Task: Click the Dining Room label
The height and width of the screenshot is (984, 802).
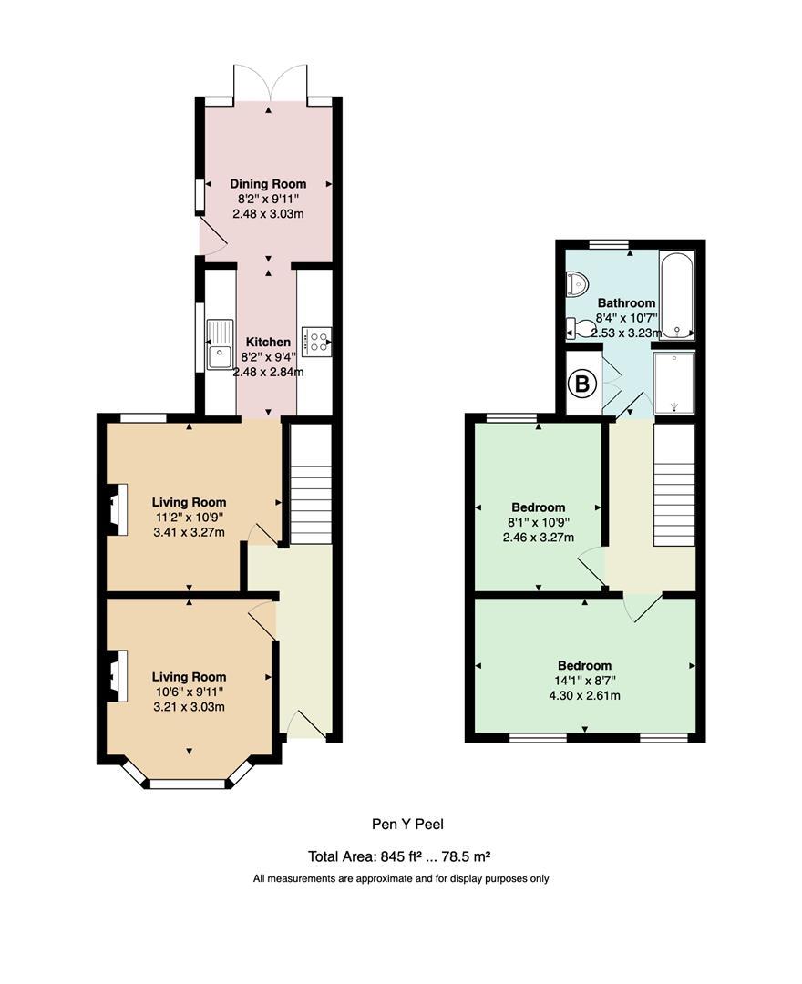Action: click(267, 184)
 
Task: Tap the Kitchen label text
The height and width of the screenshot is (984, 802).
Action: click(268, 343)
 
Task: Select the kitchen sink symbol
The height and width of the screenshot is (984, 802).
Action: click(219, 343)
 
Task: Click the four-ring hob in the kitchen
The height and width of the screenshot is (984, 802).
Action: click(318, 342)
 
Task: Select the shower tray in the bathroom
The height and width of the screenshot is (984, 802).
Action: click(674, 384)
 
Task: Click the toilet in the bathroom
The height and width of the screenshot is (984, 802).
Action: click(574, 326)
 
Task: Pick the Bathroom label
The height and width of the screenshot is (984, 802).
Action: click(626, 303)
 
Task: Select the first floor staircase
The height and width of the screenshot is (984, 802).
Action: click(674, 487)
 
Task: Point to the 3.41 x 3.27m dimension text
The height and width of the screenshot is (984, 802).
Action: click(189, 533)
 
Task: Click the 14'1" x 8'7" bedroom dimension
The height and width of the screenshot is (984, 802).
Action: click(584, 681)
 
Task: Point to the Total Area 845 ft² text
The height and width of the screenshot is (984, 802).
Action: click(401, 856)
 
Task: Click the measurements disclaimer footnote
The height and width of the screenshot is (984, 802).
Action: click(401, 879)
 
